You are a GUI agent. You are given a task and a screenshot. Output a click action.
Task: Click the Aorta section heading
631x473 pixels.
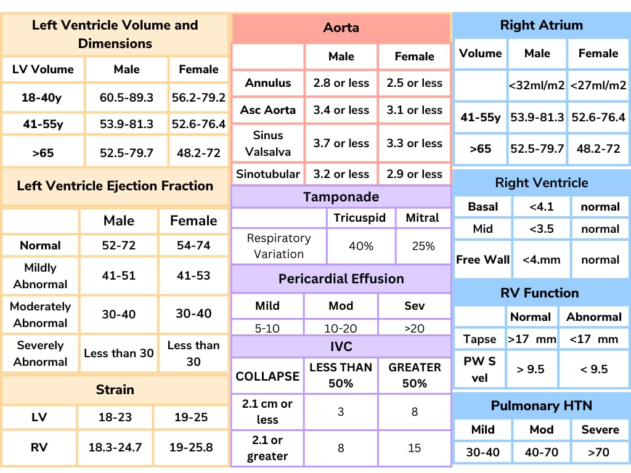(341, 28)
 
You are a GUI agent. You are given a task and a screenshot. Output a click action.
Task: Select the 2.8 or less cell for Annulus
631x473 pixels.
(341, 83)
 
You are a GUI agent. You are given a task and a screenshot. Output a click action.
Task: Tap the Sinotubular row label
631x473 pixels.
(268, 174)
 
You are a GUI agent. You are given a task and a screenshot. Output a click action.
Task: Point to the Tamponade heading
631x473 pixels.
(341, 197)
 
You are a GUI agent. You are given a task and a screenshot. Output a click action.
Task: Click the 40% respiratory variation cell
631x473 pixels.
(361, 246)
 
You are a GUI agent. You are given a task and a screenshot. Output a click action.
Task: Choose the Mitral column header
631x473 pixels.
(422, 217)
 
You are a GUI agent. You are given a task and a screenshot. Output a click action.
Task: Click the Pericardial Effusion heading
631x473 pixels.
(341, 278)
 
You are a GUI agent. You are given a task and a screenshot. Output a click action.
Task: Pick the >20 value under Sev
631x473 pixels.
(414, 328)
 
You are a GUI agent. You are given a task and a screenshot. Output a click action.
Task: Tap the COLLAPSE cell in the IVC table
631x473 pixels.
(267, 376)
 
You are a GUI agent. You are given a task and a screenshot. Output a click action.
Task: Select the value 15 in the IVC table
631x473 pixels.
(414, 448)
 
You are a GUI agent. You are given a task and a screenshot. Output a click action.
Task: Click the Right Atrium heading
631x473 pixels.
(541, 25)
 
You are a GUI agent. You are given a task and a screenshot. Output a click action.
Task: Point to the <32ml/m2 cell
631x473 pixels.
(537, 86)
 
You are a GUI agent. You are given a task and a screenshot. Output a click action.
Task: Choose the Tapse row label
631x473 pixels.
(479, 339)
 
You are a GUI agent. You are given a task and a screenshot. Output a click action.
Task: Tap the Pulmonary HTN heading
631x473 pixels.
(541, 405)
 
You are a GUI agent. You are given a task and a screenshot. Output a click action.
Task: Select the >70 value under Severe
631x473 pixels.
(598, 452)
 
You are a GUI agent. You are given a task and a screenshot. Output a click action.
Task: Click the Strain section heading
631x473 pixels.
(115, 389)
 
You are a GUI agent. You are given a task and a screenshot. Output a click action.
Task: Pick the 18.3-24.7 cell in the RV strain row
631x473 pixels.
(115, 447)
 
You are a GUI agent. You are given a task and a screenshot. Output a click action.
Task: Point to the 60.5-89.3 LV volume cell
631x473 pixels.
(126, 97)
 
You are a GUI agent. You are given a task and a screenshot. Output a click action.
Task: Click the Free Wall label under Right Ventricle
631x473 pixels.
(482, 259)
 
